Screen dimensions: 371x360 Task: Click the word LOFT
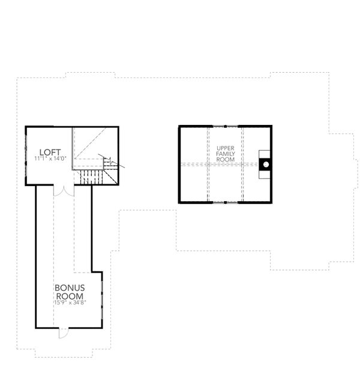[49, 152]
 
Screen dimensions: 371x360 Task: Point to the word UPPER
[225, 147]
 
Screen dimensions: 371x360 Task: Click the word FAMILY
[225, 154]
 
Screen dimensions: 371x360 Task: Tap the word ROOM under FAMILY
[225, 160]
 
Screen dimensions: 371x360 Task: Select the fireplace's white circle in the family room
[265, 163]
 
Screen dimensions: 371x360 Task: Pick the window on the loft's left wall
[27, 153]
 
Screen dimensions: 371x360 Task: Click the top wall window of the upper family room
[225, 126]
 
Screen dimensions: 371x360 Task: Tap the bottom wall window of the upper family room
[225, 202]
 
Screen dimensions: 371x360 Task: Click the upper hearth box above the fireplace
[265, 154]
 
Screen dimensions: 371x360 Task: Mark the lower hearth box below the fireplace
[265, 173]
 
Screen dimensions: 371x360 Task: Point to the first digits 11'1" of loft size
[40, 159]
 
